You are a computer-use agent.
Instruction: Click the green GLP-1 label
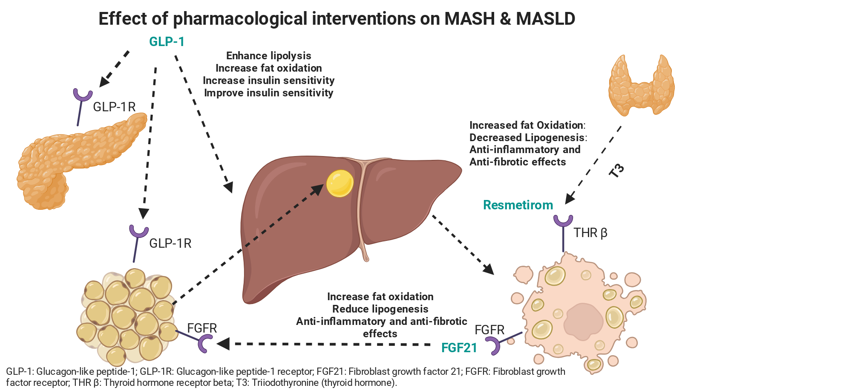point(167,42)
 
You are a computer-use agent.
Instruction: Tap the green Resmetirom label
point(518,205)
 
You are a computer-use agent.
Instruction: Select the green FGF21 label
point(459,348)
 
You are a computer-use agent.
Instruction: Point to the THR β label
point(590,233)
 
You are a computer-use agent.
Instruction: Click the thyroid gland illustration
point(642,85)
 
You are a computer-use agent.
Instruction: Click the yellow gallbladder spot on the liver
point(340,183)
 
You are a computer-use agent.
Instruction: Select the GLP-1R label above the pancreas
point(114,107)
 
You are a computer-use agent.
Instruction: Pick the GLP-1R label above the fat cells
point(170,243)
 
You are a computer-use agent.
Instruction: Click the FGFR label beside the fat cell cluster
point(202,328)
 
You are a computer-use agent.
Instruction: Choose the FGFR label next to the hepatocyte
point(489,330)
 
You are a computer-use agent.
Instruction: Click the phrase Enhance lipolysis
point(269,56)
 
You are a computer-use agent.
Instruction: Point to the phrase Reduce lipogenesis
point(380,309)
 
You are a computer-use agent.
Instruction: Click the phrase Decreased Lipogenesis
point(527,138)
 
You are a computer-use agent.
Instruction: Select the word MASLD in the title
point(546,19)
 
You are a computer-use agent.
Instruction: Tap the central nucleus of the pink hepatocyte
point(583,322)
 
